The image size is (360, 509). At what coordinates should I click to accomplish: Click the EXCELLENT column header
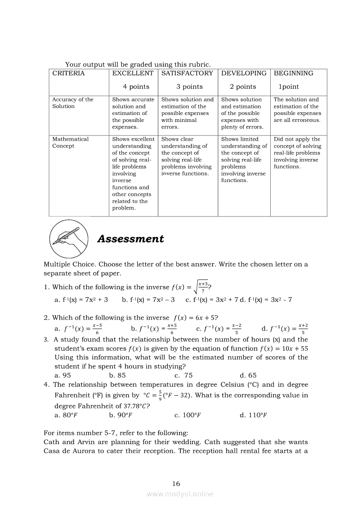133,73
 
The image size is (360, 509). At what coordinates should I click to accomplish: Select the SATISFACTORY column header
187,73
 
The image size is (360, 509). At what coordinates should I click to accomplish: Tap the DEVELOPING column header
244,73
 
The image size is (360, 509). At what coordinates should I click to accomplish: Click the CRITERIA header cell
68,73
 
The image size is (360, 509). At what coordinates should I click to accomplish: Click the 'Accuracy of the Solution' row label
73,103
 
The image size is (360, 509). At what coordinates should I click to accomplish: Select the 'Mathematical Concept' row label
70,142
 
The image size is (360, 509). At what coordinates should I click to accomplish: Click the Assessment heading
130,239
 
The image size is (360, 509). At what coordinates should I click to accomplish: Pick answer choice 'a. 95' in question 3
63,375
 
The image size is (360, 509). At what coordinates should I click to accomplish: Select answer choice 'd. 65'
248,375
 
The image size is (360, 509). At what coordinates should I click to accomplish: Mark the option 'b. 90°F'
120,415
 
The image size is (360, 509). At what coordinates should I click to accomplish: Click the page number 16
176,484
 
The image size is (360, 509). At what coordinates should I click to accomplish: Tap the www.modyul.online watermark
180,494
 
